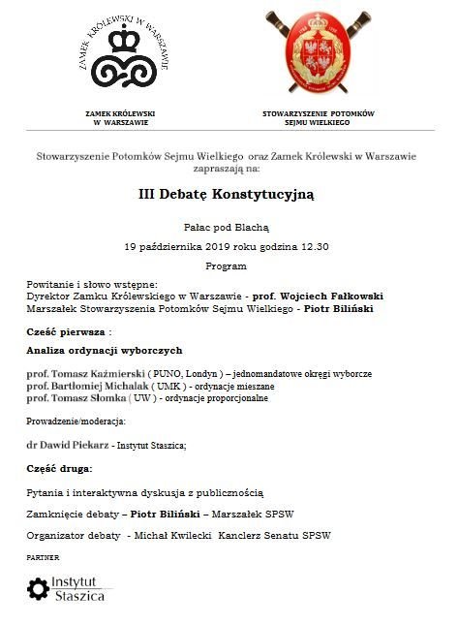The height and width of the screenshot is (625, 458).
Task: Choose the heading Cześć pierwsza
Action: (x=64, y=331)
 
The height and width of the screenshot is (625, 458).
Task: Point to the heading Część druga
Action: (x=60, y=468)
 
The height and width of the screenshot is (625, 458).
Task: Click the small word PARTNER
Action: (x=43, y=557)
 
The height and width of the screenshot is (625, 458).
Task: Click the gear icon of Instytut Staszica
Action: (x=38, y=588)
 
